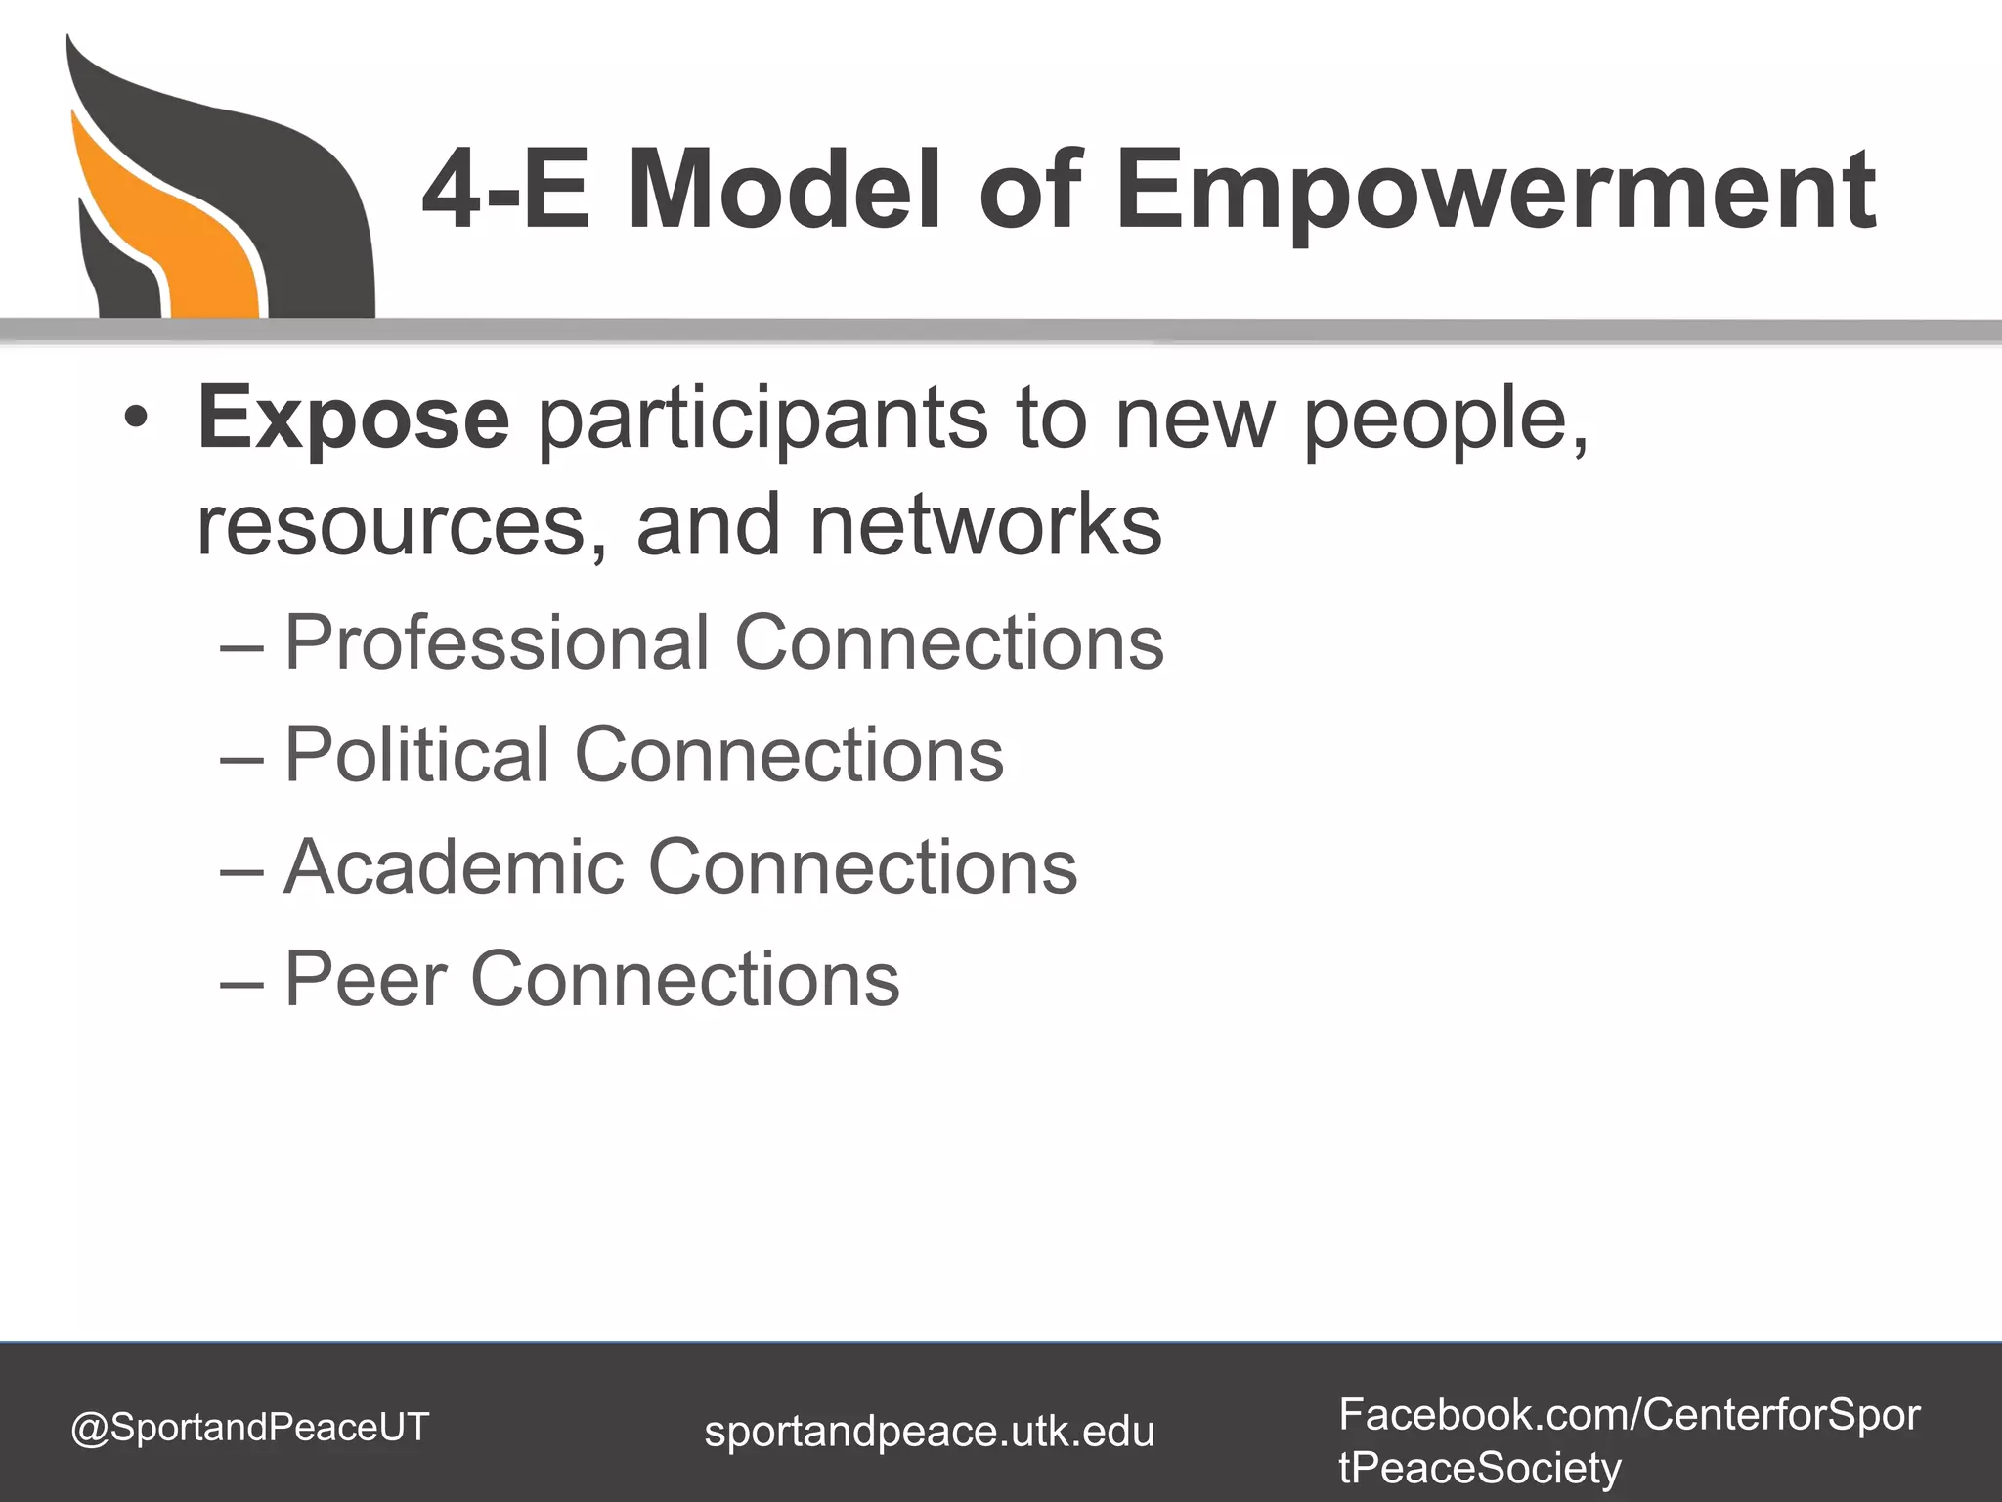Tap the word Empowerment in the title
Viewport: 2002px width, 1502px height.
1496,191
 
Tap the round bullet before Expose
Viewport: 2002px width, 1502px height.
136,419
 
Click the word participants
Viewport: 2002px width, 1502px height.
762,420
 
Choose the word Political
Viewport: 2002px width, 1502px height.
416,755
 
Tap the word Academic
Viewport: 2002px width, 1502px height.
454,866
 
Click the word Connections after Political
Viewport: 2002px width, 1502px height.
790,755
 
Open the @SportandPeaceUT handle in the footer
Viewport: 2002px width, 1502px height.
250,1427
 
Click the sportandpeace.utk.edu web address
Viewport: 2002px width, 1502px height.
930,1432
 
